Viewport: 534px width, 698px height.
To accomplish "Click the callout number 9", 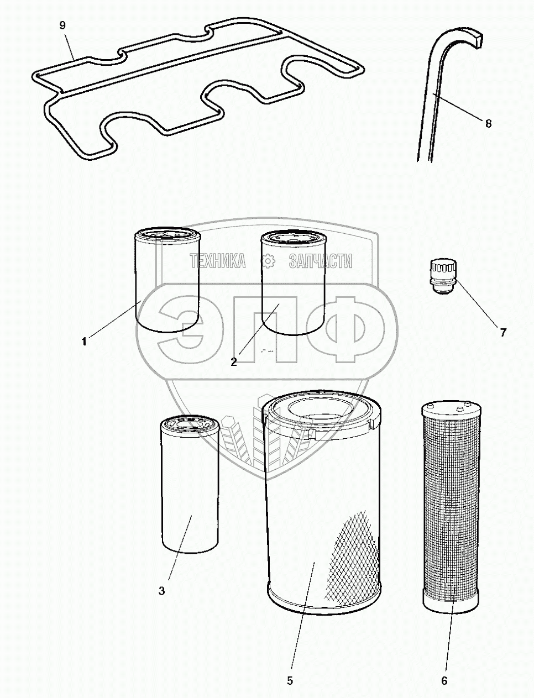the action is click(62, 26).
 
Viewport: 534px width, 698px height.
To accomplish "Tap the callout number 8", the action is click(488, 123).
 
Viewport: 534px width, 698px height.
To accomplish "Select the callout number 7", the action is click(503, 333).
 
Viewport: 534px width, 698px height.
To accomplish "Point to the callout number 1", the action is click(84, 342).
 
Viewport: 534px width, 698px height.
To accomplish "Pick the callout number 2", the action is click(234, 361).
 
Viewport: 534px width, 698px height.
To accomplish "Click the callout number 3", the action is click(161, 591).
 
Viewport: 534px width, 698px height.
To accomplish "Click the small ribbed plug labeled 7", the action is click(443, 277).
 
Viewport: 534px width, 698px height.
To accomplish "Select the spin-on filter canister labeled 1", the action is click(167, 280).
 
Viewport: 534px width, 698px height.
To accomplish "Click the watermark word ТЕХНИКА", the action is click(218, 261).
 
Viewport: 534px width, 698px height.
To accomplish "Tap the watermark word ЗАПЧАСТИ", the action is click(321, 261).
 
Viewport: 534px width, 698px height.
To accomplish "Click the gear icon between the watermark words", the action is click(268, 261).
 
